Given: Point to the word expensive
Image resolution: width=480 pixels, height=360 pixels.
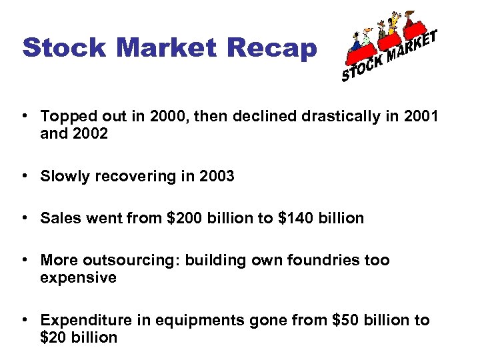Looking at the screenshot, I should (x=78, y=277).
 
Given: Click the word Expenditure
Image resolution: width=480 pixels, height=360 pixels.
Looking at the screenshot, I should (x=86, y=321).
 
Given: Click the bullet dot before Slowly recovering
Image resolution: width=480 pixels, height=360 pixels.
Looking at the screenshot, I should (x=24, y=176).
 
